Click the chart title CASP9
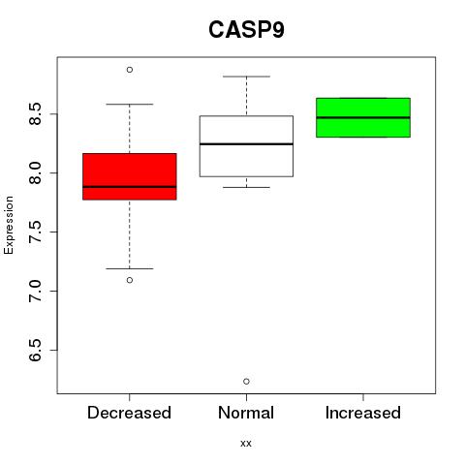pyautogui.click(x=246, y=30)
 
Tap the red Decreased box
pyautogui.click(x=130, y=176)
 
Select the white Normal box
pyautogui.click(x=246, y=146)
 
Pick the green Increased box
pyautogui.click(x=363, y=117)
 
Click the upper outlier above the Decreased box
pyautogui.click(x=130, y=70)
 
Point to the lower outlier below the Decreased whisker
pyautogui.click(x=130, y=280)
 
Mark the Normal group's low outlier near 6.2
pyautogui.click(x=246, y=382)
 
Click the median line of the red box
pyautogui.click(x=130, y=187)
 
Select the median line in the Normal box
pyautogui.click(x=246, y=144)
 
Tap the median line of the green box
pyautogui.click(x=363, y=117)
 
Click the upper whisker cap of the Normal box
pyautogui.click(x=246, y=77)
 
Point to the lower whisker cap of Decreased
pyautogui.click(x=130, y=268)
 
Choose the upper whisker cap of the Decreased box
pyautogui.click(x=130, y=105)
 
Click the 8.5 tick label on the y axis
pyautogui.click(x=35, y=114)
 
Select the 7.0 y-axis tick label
pyautogui.click(x=35, y=292)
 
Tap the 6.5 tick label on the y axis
pyautogui.click(x=35, y=351)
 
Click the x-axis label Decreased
pyautogui.click(x=129, y=413)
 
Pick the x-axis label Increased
pyautogui.click(x=363, y=413)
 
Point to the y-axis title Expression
pyautogui.click(x=9, y=225)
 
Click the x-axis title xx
pyautogui.click(x=246, y=444)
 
